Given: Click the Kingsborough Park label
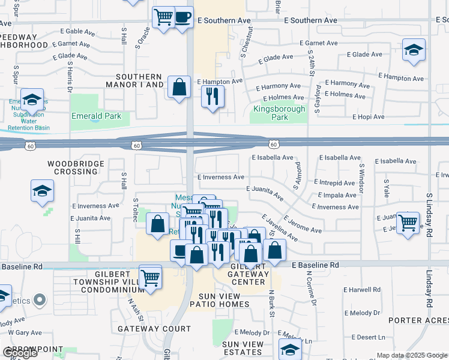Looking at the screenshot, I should click(x=279, y=113).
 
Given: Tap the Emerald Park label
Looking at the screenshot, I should click(x=96, y=116).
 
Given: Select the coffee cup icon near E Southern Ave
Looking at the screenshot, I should click(x=182, y=17).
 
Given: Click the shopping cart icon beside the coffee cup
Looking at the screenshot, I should click(x=163, y=17).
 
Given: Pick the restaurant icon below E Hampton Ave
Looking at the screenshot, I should click(x=212, y=96).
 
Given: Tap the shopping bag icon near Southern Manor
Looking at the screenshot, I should click(x=179, y=87).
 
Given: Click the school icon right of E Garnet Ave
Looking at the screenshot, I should click(x=414, y=50).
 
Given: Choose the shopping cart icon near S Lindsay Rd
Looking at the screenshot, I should click(x=408, y=222).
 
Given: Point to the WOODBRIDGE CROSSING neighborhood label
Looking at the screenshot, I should click(x=73, y=167).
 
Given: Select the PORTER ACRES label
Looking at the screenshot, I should click(x=418, y=320).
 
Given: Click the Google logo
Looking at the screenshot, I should click(x=20, y=352).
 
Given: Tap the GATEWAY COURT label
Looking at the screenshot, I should click(x=154, y=329).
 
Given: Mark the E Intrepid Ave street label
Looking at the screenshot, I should click(x=334, y=183).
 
